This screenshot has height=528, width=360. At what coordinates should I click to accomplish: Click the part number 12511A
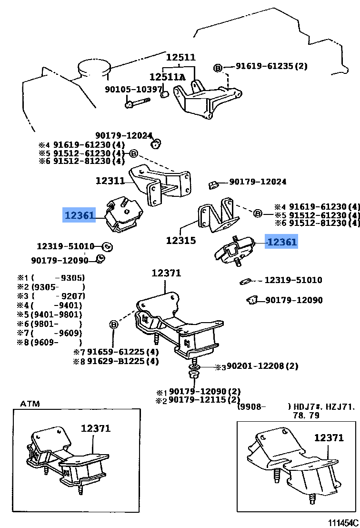point(167,77)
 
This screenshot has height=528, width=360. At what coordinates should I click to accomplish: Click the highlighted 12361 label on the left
point(80,215)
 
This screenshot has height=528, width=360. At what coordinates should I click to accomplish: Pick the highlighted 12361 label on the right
point(282,242)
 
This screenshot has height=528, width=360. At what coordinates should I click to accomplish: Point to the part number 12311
point(110,181)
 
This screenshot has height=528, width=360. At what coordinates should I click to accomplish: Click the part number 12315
point(180,241)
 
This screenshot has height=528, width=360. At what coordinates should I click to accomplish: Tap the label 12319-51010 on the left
point(66,246)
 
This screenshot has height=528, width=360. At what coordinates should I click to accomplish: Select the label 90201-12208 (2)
point(262,366)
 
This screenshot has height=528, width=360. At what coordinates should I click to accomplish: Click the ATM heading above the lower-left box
point(30,404)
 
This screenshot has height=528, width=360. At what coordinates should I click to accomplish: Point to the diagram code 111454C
point(342,523)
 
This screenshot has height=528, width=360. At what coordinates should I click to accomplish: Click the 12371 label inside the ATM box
point(95,428)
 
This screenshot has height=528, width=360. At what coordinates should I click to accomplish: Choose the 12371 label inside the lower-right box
point(329,437)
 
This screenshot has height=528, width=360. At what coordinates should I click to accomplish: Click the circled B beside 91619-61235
point(218,68)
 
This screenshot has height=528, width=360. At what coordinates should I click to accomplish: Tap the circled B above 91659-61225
point(114,325)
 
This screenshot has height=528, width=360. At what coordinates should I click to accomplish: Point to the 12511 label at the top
point(180,57)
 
